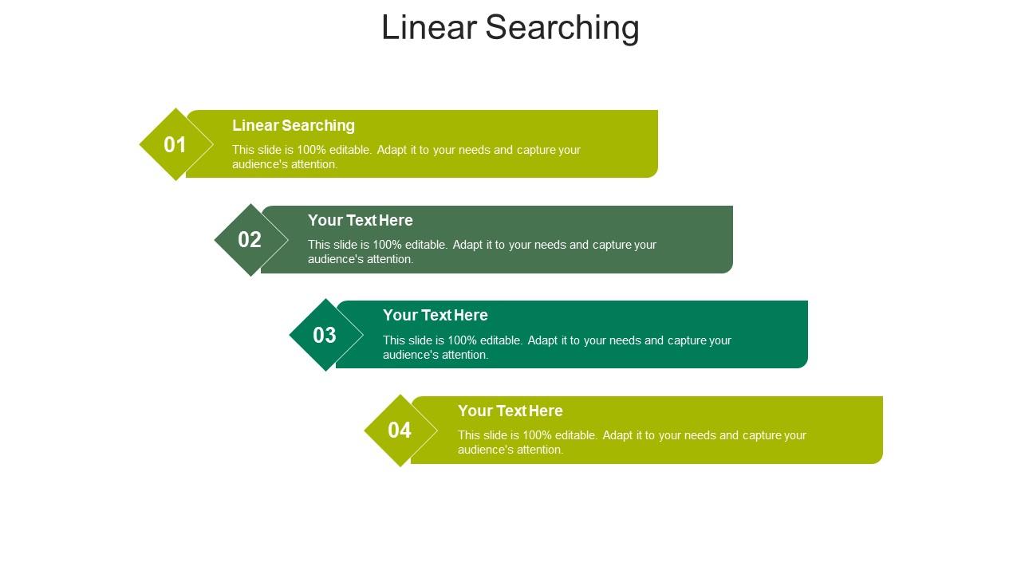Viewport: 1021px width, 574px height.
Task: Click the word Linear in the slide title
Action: [x=429, y=27]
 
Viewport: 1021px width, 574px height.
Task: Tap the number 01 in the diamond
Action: [x=175, y=145]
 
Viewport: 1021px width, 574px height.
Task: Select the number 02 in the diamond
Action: [x=250, y=240]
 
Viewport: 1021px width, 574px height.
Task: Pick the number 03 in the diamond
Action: [x=325, y=336]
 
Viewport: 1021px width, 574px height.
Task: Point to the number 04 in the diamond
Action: [x=400, y=430]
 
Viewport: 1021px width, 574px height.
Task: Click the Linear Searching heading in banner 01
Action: [x=294, y=125]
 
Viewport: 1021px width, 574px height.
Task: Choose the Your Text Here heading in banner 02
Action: [x=361, y=220]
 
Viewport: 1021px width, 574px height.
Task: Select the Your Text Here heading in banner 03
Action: [x=436, y=315]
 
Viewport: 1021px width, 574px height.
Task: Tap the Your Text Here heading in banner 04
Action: [x=510, y=411]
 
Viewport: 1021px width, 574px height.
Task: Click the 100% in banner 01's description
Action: [x=311, y=150]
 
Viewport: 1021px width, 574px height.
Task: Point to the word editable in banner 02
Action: [x=427, y=245]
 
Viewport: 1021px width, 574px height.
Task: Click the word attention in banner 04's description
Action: [x=542, y=450]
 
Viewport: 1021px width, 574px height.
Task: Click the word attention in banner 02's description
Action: [x=392, y=259]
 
